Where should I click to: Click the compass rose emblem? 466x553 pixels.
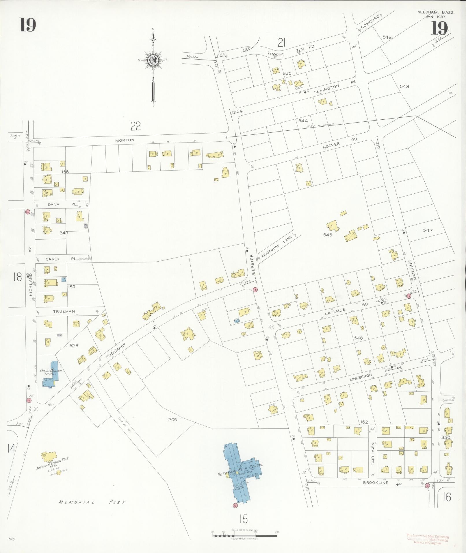153,60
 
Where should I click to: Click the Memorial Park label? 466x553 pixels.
92,502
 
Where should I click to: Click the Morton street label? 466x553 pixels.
125,140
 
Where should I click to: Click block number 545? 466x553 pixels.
328,235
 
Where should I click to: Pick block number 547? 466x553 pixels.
428,230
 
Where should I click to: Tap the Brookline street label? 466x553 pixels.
376,483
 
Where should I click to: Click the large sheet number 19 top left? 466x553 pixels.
27,25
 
